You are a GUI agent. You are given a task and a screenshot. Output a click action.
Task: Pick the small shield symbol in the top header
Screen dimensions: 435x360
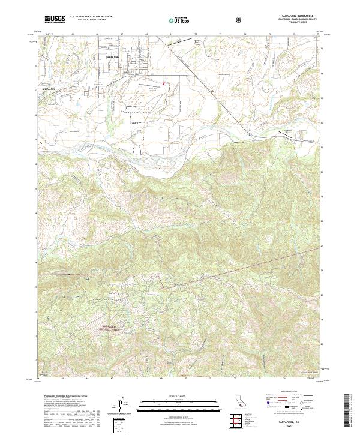tap(240, 20)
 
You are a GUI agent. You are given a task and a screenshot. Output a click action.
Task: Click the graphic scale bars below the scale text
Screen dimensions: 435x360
tap(169, 401)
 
